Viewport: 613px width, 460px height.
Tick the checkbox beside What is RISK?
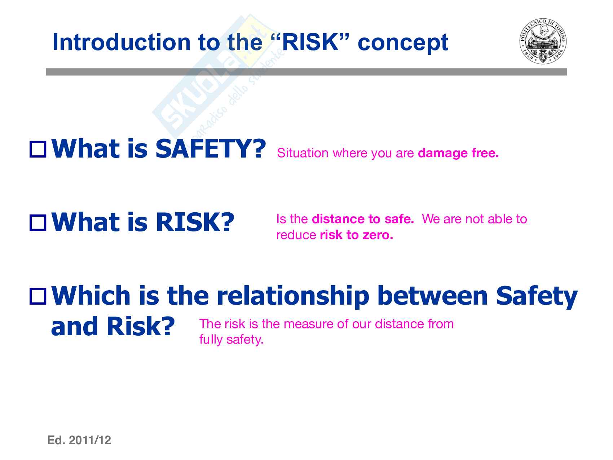click(x=38, y=222)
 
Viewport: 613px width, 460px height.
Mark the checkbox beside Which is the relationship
click(x=38, y=296)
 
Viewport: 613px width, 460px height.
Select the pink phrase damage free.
click(x=458, y=154)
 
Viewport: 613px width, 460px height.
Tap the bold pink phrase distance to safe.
click(x=363, y=219)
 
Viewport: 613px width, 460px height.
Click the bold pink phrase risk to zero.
click(x=356, y=235)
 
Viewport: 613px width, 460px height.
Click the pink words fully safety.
click(x=231, y=340)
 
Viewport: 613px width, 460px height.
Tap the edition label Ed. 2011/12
click(x=79, y=440)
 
